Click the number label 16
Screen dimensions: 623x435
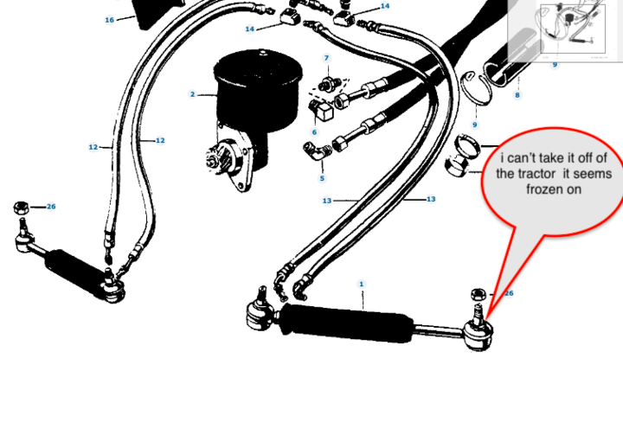109,20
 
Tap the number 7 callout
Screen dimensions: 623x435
326,58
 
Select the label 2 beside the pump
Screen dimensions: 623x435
193,94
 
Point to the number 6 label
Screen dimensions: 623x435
314,132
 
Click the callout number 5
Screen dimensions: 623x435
322,178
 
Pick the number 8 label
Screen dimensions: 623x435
517,95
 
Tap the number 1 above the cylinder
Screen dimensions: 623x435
361,284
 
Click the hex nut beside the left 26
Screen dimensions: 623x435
21,208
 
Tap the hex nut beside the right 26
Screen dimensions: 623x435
478,295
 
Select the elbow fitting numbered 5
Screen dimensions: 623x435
317,151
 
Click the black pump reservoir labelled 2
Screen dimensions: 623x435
258,92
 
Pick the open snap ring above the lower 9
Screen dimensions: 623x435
476,88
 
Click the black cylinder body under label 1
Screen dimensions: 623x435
346,323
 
